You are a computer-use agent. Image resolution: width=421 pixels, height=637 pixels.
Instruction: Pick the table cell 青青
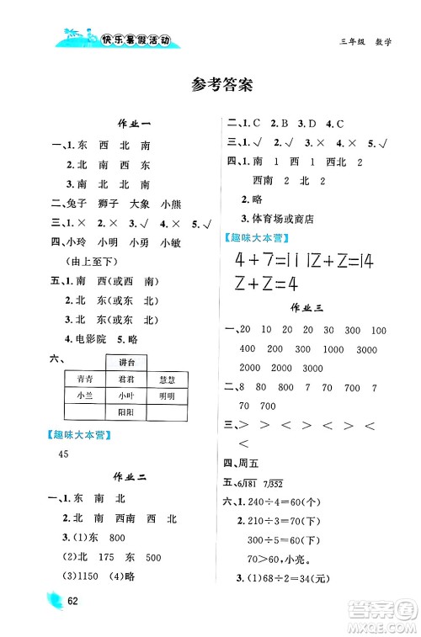coord(84,378)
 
